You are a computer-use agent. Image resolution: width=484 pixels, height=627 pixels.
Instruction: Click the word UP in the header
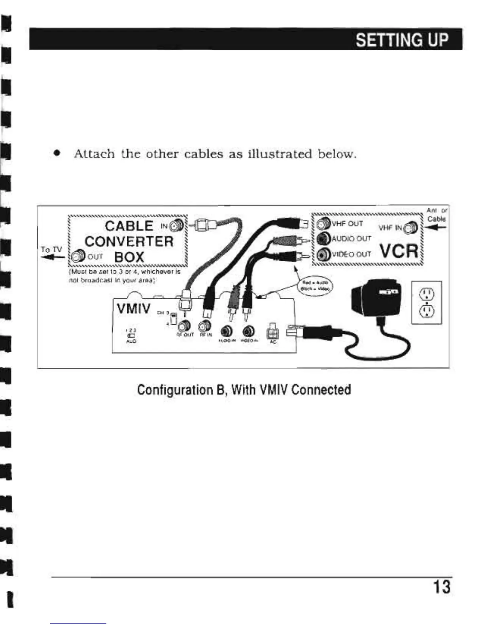(435, 40)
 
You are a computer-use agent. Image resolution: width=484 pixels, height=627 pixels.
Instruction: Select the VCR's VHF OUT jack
(324, 224)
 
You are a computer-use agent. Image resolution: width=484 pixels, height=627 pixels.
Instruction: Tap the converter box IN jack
(178, 226)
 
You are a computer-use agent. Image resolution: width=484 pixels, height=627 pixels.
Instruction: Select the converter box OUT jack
(79, 255)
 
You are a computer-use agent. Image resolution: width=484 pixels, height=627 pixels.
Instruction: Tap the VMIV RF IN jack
(205, 326)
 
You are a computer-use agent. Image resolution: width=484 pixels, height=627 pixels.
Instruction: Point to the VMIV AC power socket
(273, 329)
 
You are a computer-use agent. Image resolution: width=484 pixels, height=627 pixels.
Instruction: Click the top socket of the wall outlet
(426, 293)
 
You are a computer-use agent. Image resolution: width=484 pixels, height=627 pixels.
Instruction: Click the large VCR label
(399, 251)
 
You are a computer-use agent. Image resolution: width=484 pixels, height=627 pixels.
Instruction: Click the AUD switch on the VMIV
(130, 335)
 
